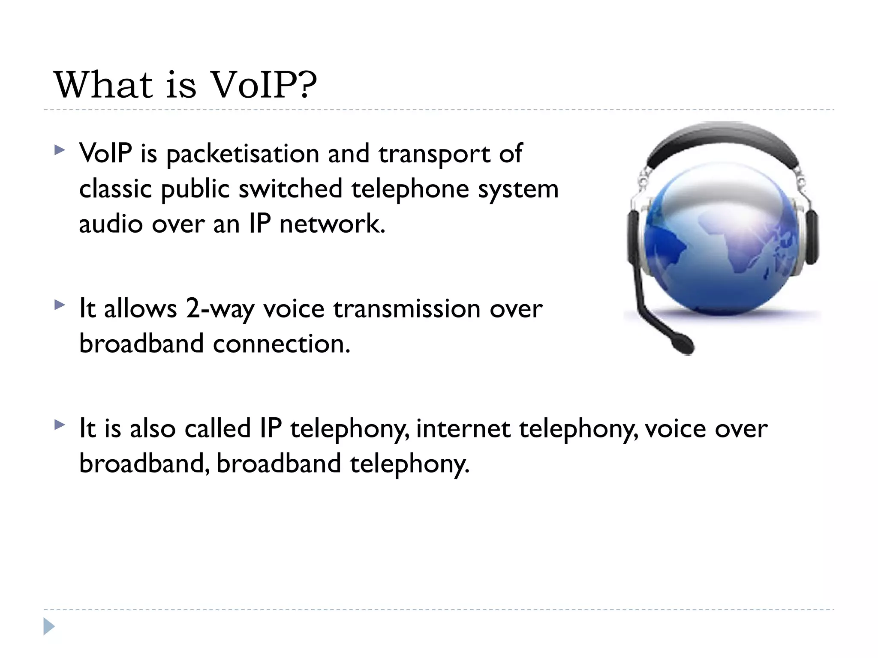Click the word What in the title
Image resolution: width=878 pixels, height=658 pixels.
[103, 85]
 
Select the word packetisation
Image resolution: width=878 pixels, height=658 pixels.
[243, 154]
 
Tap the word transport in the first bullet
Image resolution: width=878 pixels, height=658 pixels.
[434, 155]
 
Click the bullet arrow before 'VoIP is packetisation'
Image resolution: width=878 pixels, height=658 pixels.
[60, 150]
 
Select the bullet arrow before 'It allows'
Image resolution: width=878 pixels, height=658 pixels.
[60, 305]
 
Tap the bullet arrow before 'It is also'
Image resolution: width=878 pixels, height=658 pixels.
[60, 425]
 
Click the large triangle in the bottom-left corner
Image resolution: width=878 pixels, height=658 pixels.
[49, 626]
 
